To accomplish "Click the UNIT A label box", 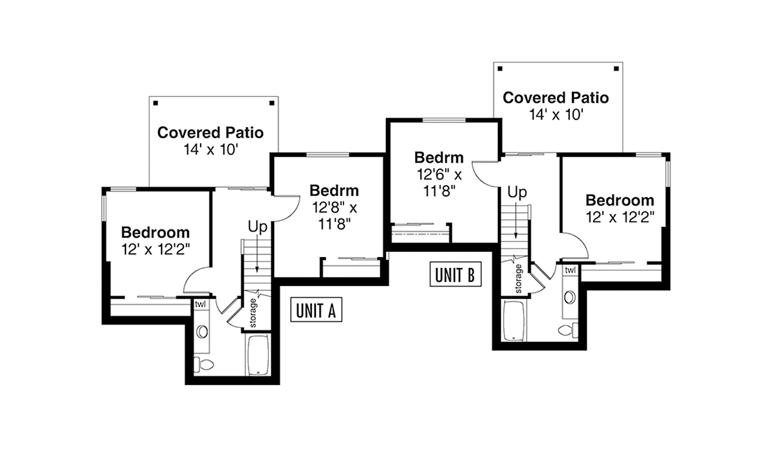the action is (x=316, y=310).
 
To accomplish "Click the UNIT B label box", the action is (x=455, y=274).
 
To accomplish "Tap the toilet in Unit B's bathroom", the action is (x=568, y=330).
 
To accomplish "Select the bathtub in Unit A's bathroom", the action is (x=259, y=355).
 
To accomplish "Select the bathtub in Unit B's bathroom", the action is (x=514, y=321).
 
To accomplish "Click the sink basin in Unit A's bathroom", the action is (x=202, y=332).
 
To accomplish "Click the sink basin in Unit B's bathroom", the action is (x=570, y=297).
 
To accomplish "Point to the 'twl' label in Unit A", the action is (x=200, y=305).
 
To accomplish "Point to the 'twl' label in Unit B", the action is (x=570, y=271).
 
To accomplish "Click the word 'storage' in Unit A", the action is (x=253, y=313).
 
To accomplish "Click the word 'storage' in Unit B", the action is (x=519, y=279).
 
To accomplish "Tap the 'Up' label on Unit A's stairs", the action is (x=257, y=227).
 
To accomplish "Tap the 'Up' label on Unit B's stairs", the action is (x=517, y=193).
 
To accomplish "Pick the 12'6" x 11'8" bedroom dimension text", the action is (x=439, y=182).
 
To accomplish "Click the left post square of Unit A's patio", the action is (x=156, y=103).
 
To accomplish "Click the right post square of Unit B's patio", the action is (x=616, y=69).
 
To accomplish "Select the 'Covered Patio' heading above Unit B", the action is (x=556, y=98).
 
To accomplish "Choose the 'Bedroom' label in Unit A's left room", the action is (x=156, y=233).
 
